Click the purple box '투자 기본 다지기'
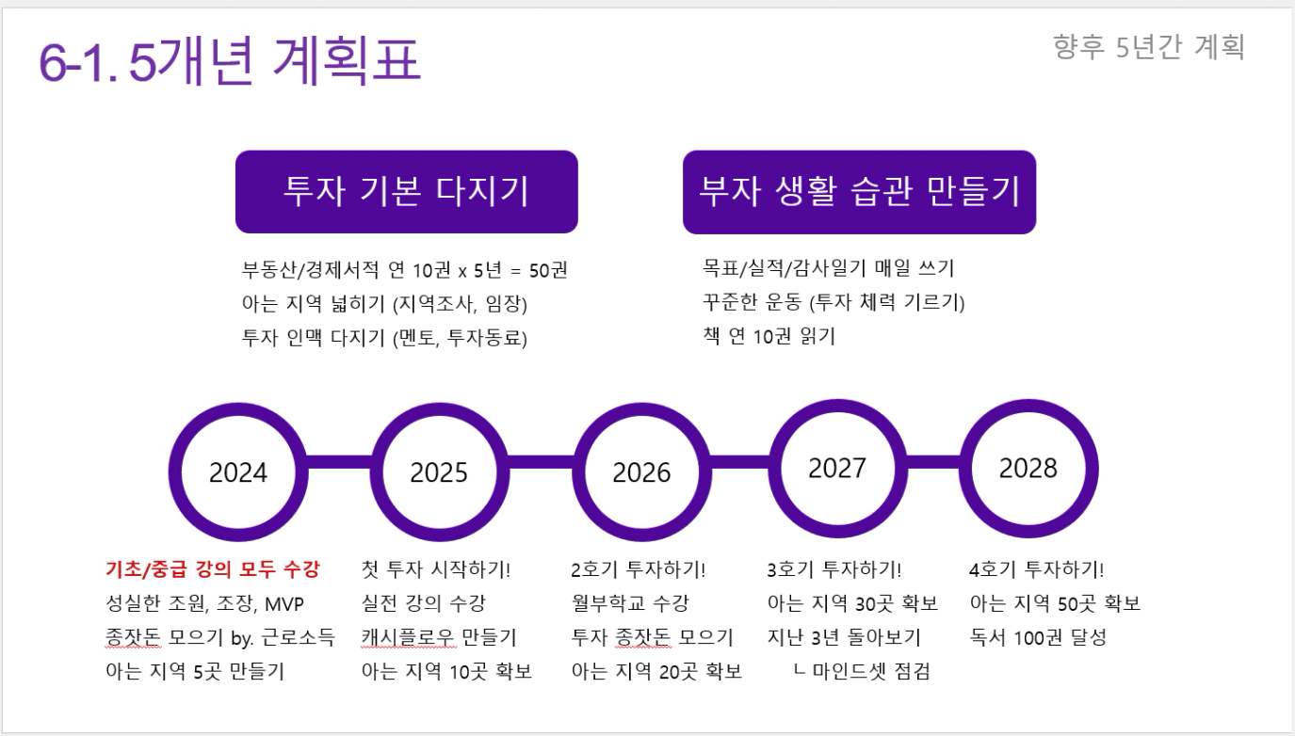point(407,192)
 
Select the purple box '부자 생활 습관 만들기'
point(859,192)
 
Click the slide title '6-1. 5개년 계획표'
point(230,60)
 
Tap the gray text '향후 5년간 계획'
point(1149,47)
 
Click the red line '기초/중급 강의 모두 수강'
point(212,569)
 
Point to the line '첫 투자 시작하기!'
point(436,569)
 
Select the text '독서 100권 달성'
point(1038,637)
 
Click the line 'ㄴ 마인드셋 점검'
point(862,671)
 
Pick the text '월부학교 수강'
point(630,603)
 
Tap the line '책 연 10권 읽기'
point(769,336)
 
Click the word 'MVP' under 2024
point(283,604)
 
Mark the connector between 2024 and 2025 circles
point(339,462)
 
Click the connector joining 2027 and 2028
point(933,462)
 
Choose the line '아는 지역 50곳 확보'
point(1055,603)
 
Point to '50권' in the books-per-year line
point(548,270)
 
